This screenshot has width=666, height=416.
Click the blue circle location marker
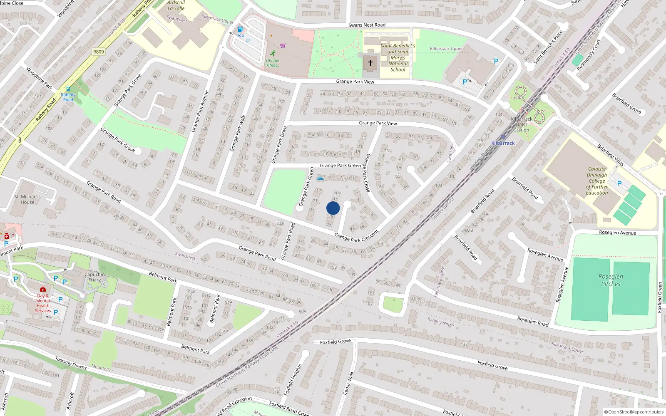point(333,208)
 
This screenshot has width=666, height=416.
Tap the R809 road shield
point(99,52)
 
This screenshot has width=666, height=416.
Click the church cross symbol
point(370,63)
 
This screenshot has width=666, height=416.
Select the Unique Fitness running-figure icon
point(273,53)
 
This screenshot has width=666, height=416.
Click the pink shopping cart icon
point(283,45)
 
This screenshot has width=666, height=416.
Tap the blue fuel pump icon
point(240,29)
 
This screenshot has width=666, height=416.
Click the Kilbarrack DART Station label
point(521,124)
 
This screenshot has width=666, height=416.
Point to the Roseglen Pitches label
point(611,280)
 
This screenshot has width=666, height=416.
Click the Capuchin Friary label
point(94,277)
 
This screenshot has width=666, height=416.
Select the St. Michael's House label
point(27,199)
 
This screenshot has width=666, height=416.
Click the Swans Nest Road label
point(367,25)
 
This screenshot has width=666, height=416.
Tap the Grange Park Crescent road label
point(356,236)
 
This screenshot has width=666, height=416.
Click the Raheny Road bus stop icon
point(68,89)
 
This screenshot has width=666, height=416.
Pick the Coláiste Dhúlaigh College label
point(597,181)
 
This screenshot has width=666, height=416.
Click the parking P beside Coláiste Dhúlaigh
point(619,183)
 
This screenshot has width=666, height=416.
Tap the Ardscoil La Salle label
point(176,5)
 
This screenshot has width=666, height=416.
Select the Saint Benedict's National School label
point(398,57)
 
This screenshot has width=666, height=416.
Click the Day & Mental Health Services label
point(43,303)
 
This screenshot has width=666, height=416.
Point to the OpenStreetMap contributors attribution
point(634,412)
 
